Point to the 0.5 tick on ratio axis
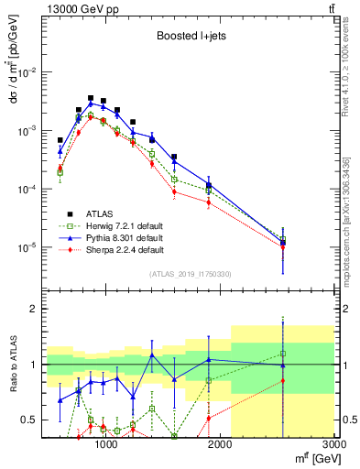coord(29,420)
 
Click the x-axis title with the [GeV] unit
coord(311,458)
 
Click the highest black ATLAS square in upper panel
coord(91,98)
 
